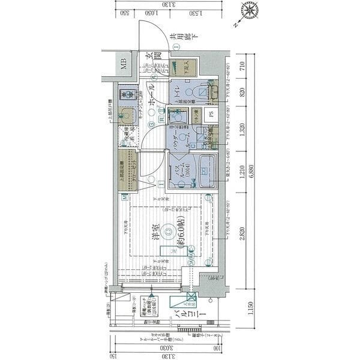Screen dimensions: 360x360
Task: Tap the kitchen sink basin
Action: (x=127, y=115)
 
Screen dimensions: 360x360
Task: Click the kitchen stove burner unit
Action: (x=126, y=94)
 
